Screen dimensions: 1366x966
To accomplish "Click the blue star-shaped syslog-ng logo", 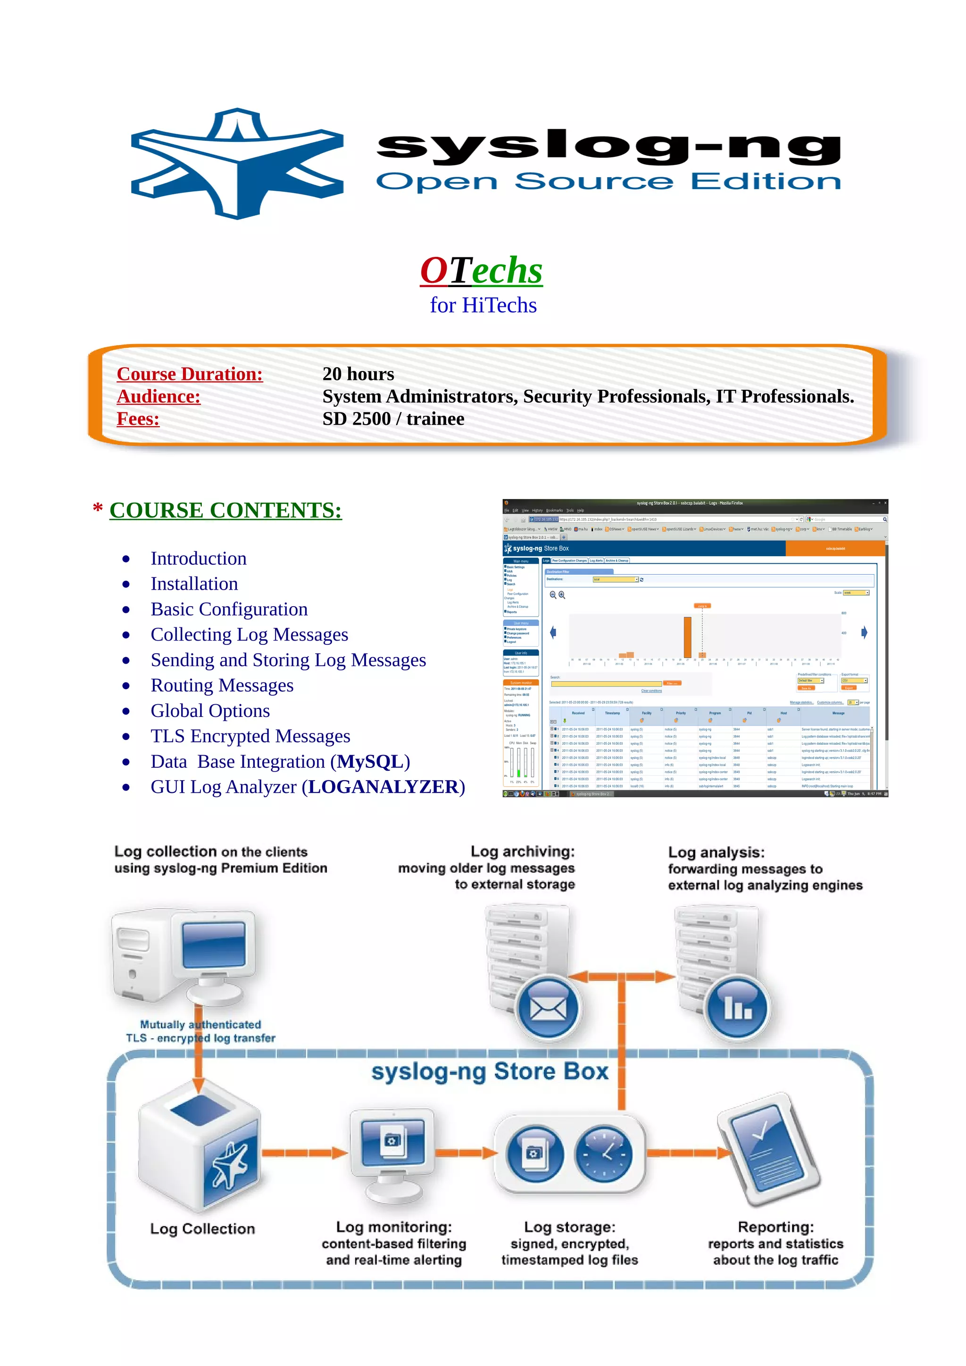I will (237, 164).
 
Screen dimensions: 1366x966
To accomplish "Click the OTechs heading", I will (481, 270).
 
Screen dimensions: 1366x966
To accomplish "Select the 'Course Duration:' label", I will (189, 374).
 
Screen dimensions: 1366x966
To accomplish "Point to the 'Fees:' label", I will (138, 419).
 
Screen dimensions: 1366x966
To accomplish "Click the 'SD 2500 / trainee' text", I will (393, 419).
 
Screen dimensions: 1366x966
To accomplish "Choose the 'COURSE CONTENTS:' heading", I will (225, 510).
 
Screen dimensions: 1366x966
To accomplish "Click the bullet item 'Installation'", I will (194, 584).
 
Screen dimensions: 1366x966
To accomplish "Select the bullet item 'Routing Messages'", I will (222, 685).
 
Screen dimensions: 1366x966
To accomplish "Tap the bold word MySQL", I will (370, 762).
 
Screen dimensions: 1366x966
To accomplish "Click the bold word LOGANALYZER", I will (383, 787).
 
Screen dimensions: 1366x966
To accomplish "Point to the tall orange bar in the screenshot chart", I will (687, 637).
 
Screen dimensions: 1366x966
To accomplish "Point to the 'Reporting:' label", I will (775, 1227).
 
